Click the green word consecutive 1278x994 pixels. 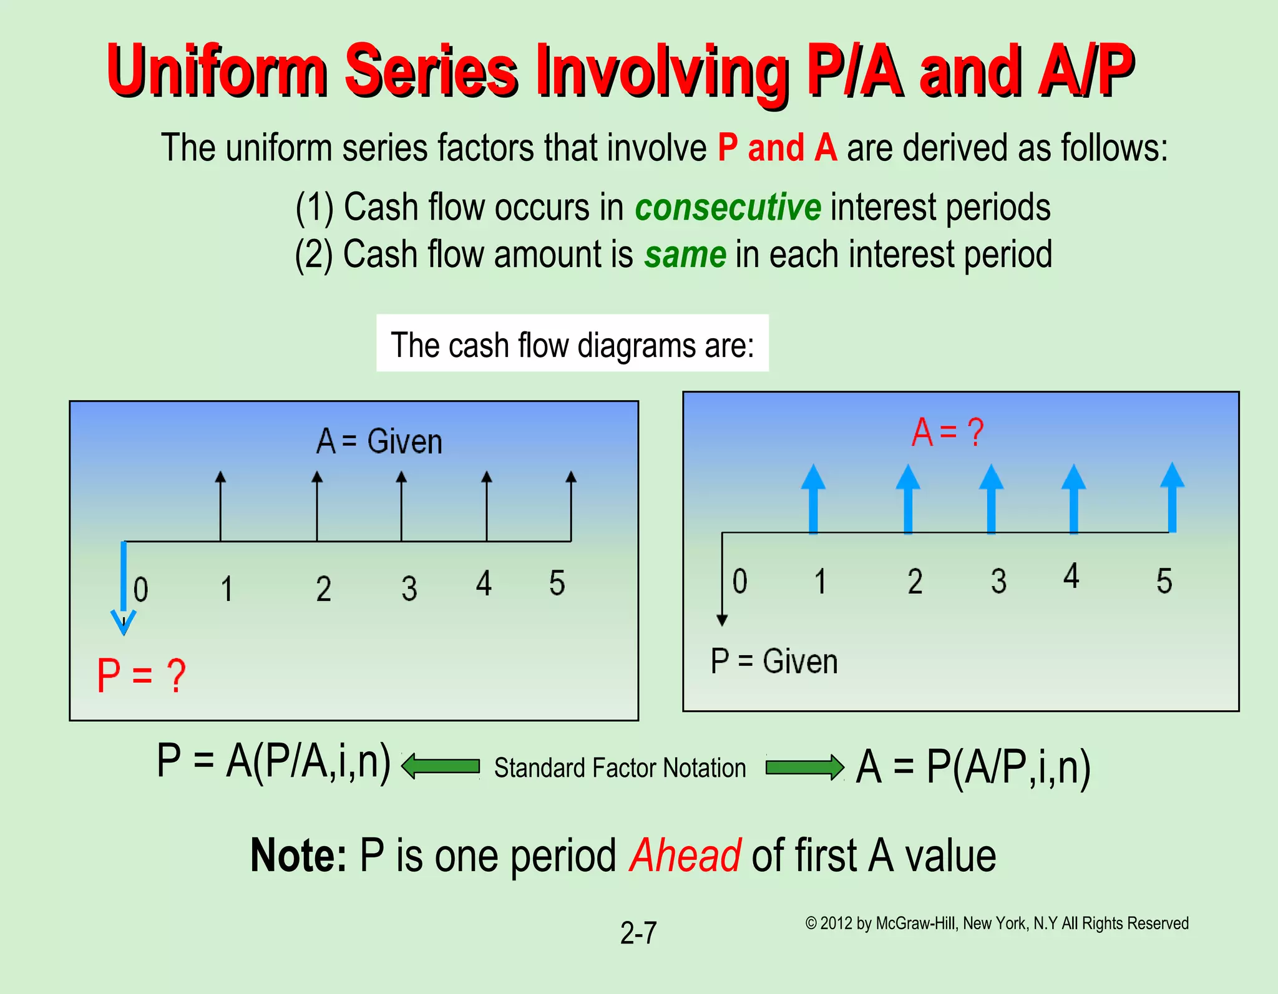click(x=728, y=207)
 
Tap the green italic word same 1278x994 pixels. click(x=685, y=255)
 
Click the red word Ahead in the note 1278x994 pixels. click(x=685, y=855)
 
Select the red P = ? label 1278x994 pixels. click(x=142, y=676)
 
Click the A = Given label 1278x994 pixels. click(x=379, y=441)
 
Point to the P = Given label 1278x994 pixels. click(x=774, y=661)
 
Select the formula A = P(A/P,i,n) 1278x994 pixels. click(x=973, y=767)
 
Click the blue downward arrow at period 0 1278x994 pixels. click(x=124, y=587)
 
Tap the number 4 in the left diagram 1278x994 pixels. click(x=484, y=583)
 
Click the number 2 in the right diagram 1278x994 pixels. click(x=915, y=582)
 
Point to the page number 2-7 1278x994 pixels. click(x=638, y=933)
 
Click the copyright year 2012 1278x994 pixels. click(x=836, y=923)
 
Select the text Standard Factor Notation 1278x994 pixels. click(x=620, y=768)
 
